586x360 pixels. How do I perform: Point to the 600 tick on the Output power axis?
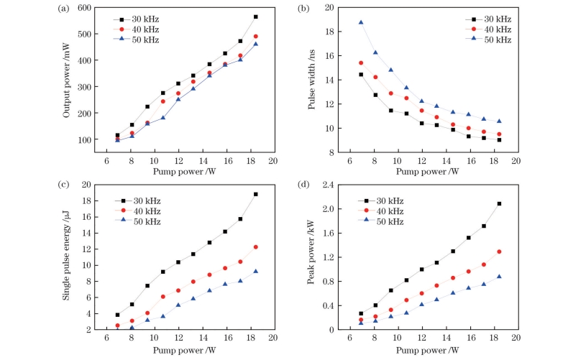tap(92, 8)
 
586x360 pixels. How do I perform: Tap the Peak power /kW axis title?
tap(312, 257)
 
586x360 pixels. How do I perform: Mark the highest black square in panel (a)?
tap(255, 17)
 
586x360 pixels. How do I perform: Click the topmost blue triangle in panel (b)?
tap(361, 22)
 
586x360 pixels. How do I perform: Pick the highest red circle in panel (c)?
tap(255, 247)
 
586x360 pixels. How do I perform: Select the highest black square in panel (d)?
tap(499, 203)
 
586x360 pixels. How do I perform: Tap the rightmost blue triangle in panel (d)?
tap(499, 277)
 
